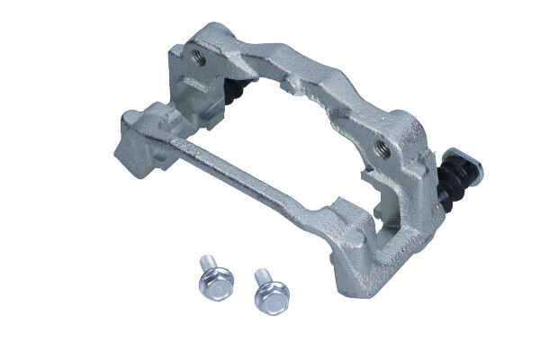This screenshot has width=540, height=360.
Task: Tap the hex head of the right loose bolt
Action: [271, 296]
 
